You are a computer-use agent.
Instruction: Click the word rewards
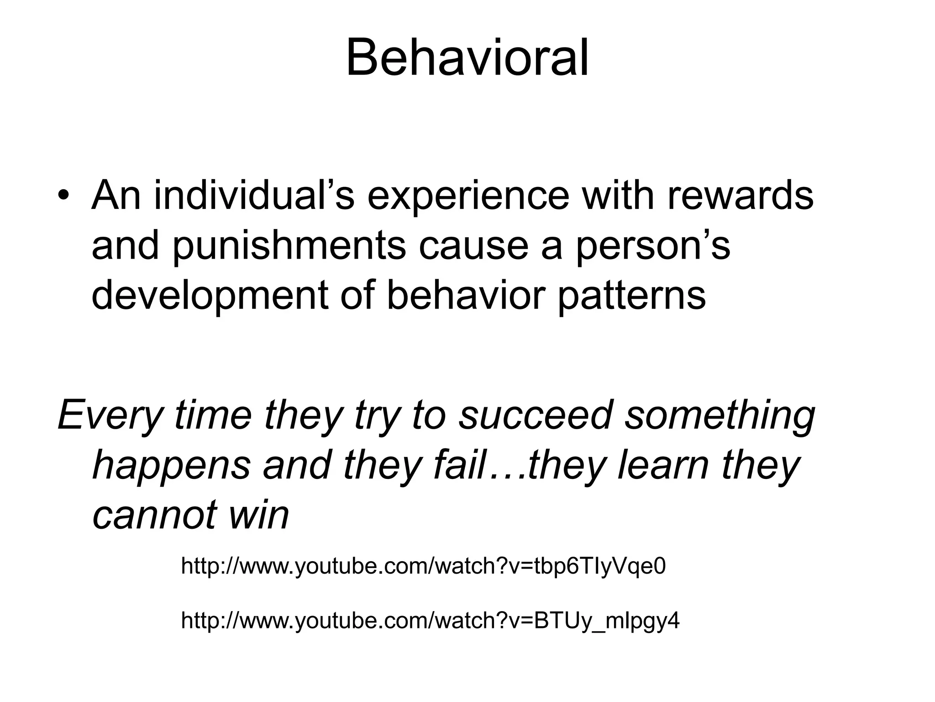[740, 196]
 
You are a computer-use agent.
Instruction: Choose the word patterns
[632, 296]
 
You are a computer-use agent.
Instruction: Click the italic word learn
[663, 465]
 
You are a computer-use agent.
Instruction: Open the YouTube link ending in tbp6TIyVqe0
[423, 567]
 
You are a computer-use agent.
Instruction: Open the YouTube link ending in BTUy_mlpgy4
[430, 621]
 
